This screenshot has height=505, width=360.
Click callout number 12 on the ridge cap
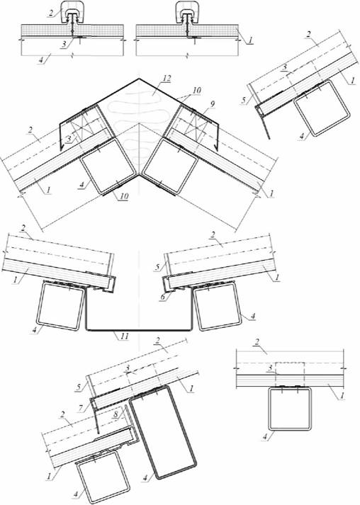pyautogui.click(x=167, y=79)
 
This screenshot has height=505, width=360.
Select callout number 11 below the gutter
pyautogui.click(x=125, y=336)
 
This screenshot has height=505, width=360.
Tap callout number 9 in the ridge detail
pyautogui.click(x=212, y=103)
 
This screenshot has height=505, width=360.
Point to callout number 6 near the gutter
pyautogui.click(x=163, y=297)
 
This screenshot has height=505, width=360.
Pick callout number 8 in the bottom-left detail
pyautogui.click(x=116, y=414)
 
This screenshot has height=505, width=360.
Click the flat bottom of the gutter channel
pyautogui.click(x=139, y=330)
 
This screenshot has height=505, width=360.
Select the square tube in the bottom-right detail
pyautogui.click(x=290, y=409)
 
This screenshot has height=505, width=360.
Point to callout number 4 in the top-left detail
pyautogui.click(x=40, y=60)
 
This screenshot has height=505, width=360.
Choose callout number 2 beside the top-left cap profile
pyautogui.click(x=51, y=13)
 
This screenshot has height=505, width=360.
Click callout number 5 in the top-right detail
pyautogui.click(x=244, y=100)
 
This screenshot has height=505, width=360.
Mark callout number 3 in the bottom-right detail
pyautogui.click(x=270, y=368)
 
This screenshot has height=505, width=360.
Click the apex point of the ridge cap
pyautogui.click(x=139, y=78)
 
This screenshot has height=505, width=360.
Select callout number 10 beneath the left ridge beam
pyautogui.click(x=125, y=196)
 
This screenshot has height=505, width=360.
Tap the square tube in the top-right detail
pyautogui.click(x=322, y=108)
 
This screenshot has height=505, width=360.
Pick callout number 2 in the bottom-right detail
pyautogui.click(x=257, y=342)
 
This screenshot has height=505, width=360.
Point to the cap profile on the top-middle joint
pyautogui.click(x=187, y=12)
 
